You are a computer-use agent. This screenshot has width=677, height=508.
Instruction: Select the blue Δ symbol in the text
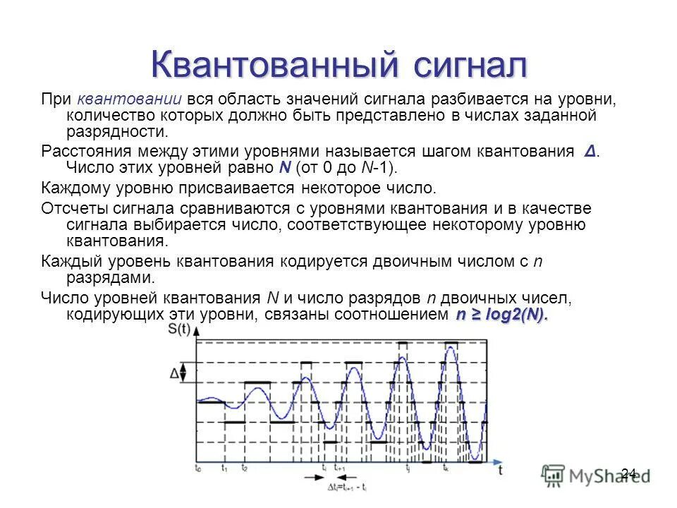point(590,152)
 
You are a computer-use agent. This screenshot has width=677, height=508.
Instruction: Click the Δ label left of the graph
point(173,373)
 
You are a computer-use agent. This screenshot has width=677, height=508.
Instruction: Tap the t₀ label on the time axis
point(197,468)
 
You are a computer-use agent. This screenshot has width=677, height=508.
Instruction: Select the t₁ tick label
point(224,468)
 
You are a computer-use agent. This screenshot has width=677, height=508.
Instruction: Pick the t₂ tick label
point(244,468)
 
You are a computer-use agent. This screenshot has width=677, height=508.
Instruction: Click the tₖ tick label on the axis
point(446,468)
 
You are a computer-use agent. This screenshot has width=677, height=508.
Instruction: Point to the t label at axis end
point(501,471)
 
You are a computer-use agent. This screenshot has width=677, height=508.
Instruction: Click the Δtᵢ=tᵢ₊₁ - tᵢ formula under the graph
point(347,488)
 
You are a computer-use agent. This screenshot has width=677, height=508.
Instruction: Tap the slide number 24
point(629,473)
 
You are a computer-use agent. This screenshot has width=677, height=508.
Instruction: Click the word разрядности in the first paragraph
point(117,131)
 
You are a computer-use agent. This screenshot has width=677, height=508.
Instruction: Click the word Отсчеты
point(75,208)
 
